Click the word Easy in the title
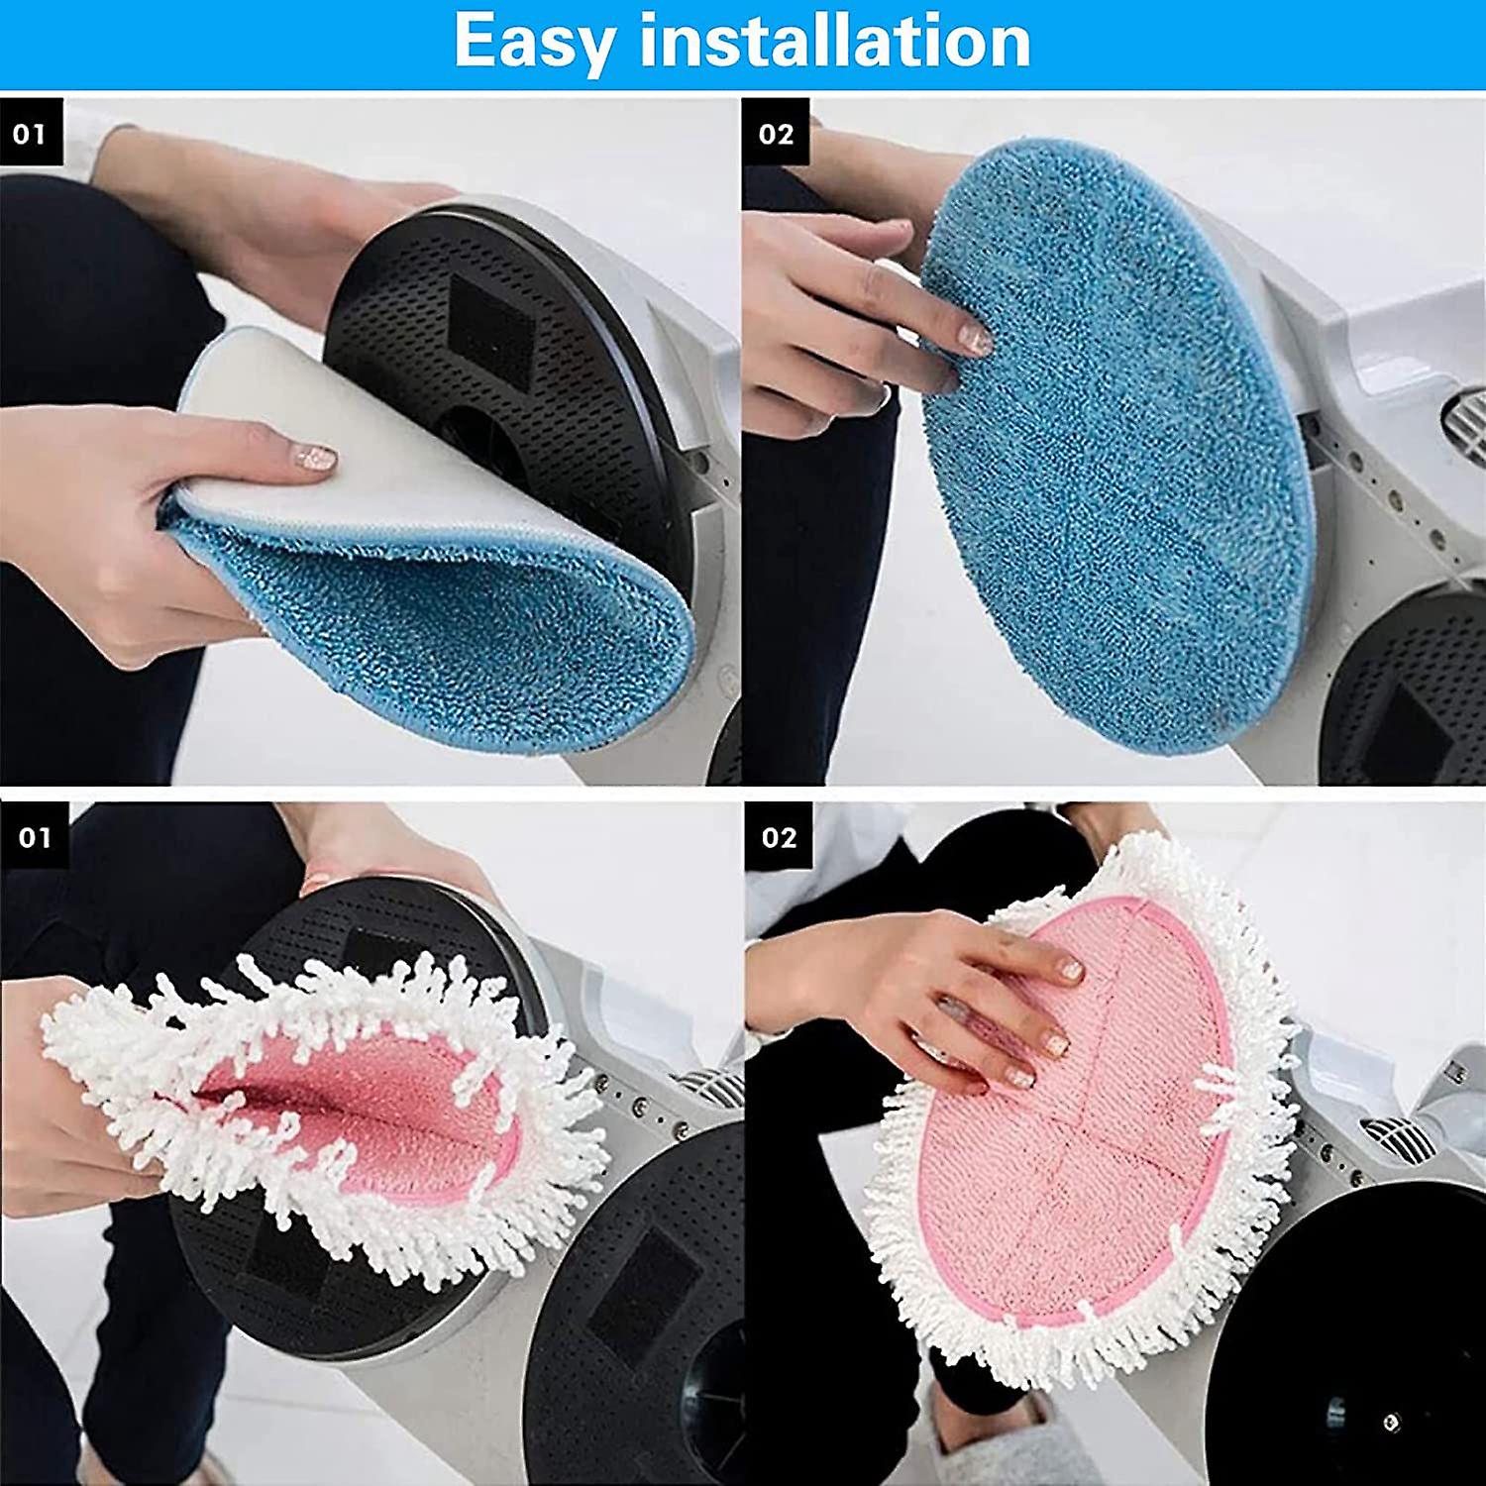pyautogui.click(x=535, y=42)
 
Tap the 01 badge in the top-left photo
pyautogui.click(x=31, y=133)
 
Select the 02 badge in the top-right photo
pyautogui.click(x=776, y=133)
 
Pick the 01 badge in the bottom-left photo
pyautogui.click(x=34, y=837)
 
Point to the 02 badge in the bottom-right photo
pyautogui.click(x=779, y=837)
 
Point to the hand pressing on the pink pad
pyautogui.click(x=951, y=1001)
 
